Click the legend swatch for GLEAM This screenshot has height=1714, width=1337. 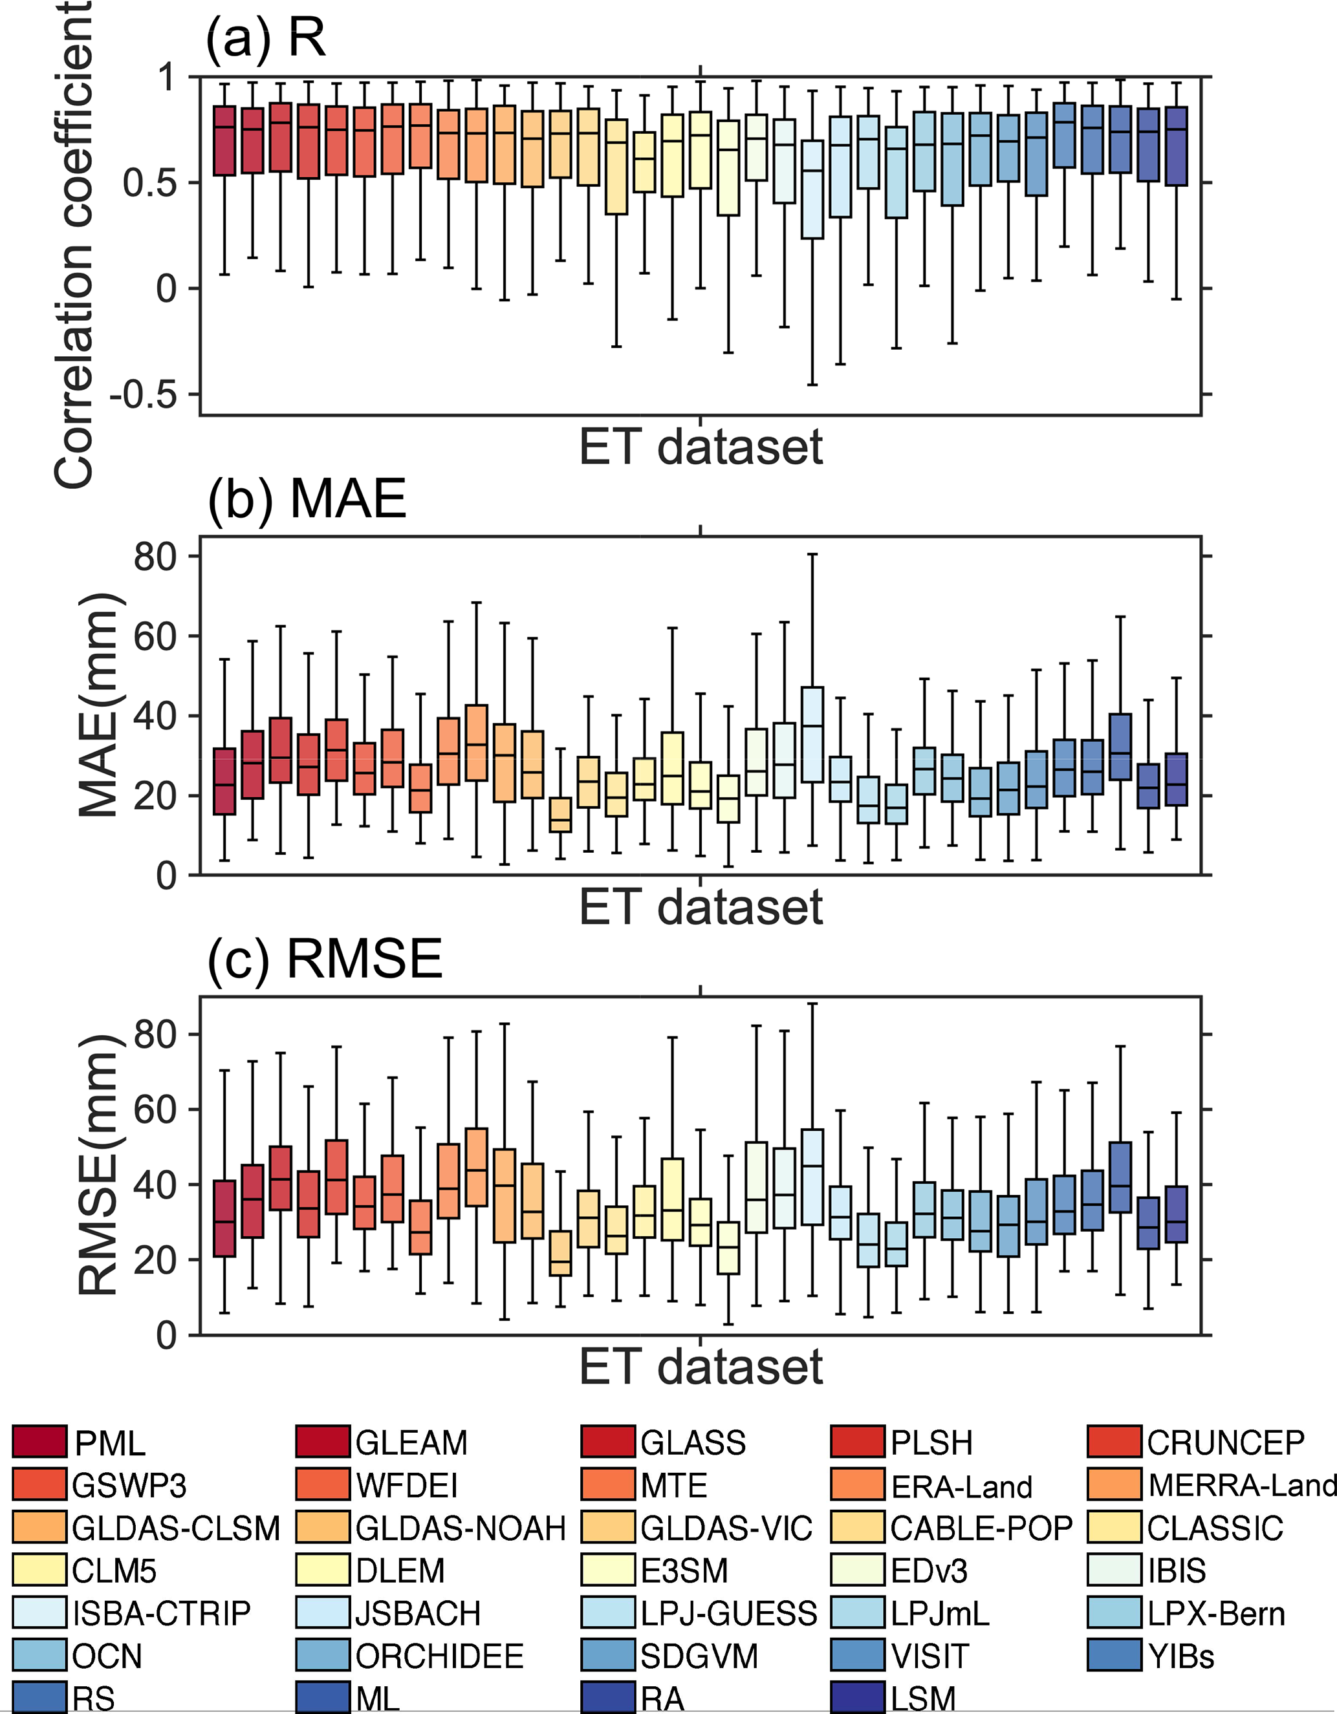[x=323, y=1442]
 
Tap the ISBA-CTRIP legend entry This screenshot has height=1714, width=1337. [x=161, y=1612]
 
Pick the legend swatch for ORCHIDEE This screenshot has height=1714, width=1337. [x=323, y=1655]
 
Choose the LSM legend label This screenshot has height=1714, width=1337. [x=923, y=1698]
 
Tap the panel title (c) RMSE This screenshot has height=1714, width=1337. [x=325, y=958]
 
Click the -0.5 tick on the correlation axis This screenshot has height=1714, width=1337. [x=144, y=395]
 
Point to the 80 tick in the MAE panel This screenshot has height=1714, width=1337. [x=155, y=557]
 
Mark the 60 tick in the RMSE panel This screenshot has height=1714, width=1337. [x=155, y=1109]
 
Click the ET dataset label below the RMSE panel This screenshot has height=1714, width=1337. [x=701, y=1366]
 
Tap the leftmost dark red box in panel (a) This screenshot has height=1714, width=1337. [x=224, y=140]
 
